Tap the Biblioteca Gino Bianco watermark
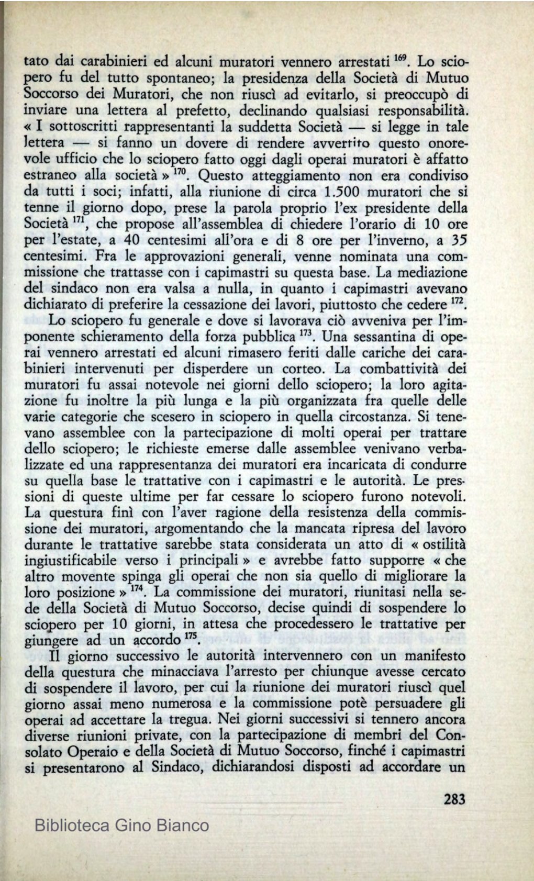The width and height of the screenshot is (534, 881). [121, 826]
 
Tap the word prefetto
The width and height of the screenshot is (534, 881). [201, 111]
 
